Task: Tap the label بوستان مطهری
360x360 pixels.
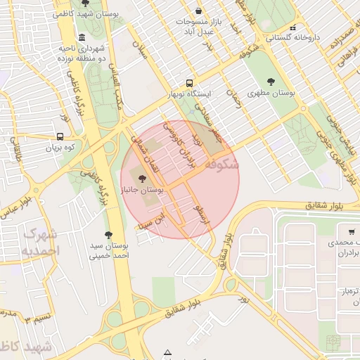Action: click(271, 93)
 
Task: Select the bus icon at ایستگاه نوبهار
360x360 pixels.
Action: click(188, 82)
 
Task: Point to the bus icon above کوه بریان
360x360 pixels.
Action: click(60, 137)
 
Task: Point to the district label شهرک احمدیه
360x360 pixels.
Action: click(40, 241)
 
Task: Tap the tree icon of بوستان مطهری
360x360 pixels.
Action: click(271, 82)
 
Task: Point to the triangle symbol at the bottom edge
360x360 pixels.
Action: click(167, 352)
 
